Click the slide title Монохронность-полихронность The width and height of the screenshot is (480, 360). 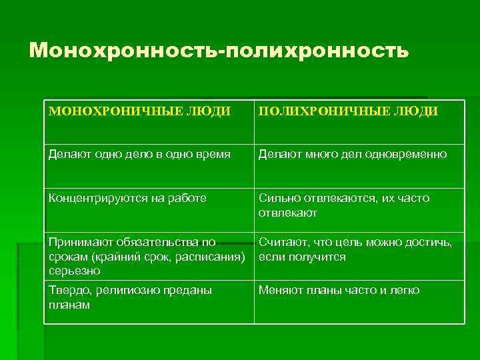219,50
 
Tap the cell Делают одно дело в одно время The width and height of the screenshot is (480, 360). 139,155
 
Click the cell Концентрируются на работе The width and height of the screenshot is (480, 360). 127,198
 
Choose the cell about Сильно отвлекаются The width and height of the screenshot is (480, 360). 344,205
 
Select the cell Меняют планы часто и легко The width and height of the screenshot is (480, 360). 339,291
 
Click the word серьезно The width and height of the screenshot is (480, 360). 74,271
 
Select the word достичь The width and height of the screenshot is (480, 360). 428,243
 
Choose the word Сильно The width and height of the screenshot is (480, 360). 278,198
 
